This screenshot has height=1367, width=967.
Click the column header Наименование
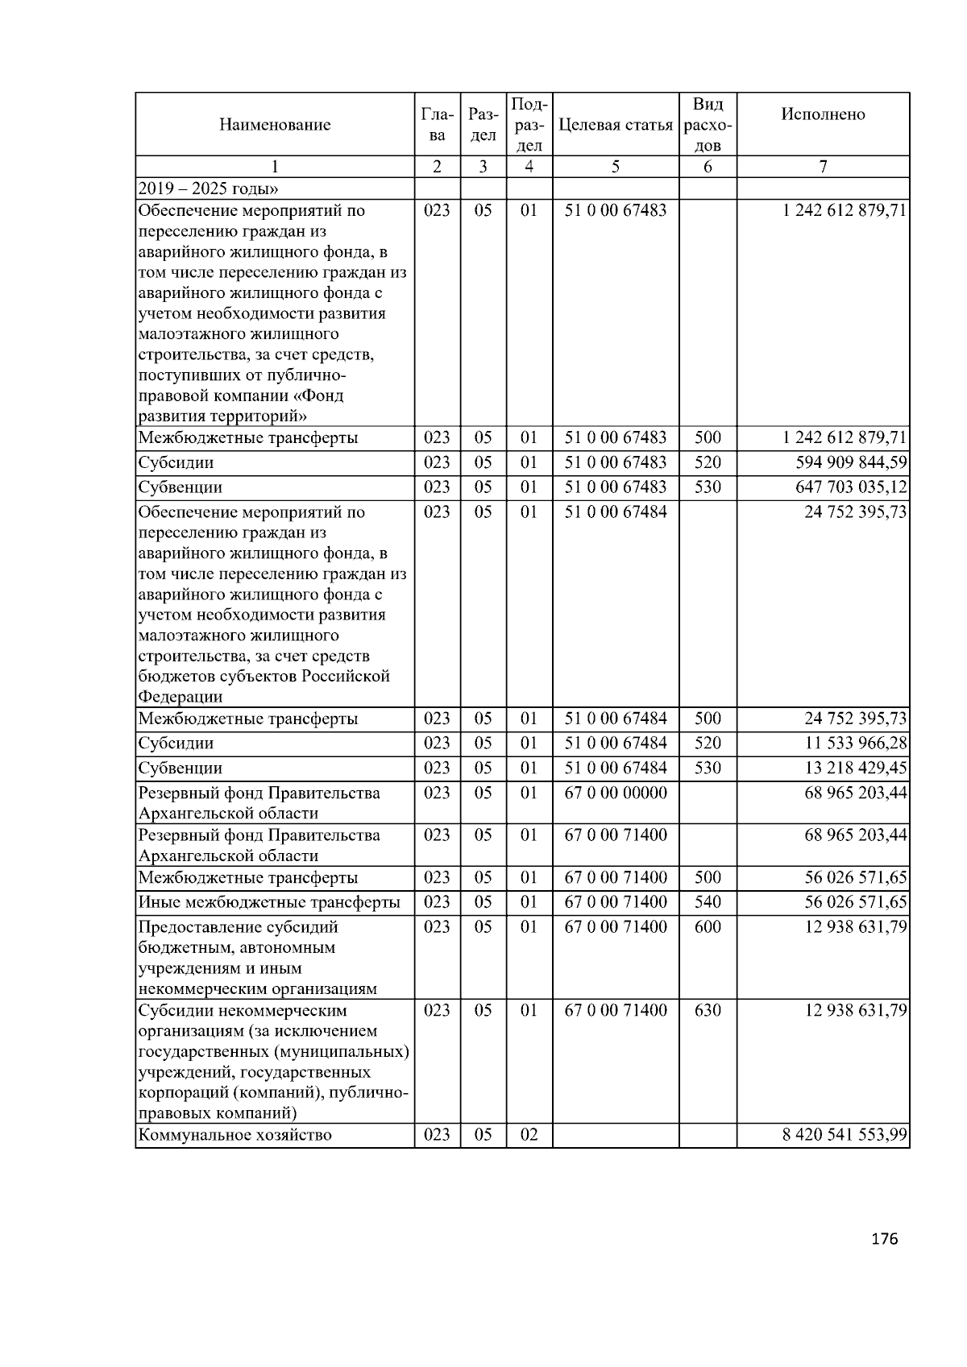coord(274,125)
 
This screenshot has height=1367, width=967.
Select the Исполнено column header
coord(822,114)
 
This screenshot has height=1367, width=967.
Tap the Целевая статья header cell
coord(615,125)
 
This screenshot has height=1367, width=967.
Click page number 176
coord(884,1239)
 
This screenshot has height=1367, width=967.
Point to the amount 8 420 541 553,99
coord(844,1135)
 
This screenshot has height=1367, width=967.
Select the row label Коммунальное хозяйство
coord(234,1135)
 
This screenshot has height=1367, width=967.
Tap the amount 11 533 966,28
coord(855,743)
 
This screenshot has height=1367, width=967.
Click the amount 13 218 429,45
coord(855,768)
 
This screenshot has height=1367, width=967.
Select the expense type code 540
coord(708,902)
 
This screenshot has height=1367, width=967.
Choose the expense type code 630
coord(708,1010)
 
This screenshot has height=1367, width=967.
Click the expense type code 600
coord(708,927)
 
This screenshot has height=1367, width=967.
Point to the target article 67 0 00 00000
coord(616,793)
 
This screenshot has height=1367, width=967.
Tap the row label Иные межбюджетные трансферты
coord(268,902)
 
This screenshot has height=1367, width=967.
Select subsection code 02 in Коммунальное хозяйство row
coord(529,1135)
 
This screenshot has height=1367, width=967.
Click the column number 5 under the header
coord(615,167)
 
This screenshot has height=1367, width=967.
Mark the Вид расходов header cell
coord(708,125)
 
